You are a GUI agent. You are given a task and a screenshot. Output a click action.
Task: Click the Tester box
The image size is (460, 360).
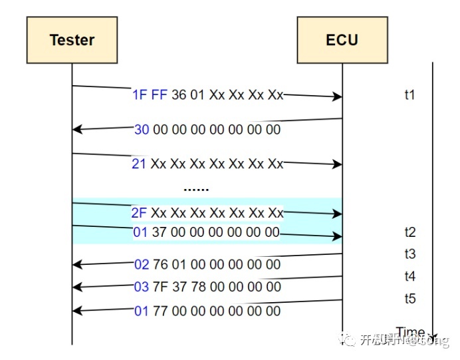point(72,40)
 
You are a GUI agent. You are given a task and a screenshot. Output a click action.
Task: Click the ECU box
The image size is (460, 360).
point(342,40)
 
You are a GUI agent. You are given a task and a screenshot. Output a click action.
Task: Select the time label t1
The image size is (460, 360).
point(410,95)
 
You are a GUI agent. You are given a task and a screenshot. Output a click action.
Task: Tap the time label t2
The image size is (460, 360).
point(410,232)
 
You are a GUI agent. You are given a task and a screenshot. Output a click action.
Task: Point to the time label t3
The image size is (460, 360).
point(410,254)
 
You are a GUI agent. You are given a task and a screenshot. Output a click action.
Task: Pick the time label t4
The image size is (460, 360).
point(410,276)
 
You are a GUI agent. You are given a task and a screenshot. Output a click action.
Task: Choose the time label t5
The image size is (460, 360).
point(410,299)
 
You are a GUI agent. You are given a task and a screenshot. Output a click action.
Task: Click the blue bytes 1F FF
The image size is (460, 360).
point(150,95)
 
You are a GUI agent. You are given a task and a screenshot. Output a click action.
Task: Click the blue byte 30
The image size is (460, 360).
point(142,130)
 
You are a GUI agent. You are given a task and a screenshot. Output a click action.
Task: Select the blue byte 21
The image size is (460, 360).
point(138,164)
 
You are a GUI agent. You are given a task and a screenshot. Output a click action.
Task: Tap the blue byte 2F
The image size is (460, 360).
point(139,213)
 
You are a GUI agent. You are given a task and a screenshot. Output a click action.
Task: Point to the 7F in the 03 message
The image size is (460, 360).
point(160,287)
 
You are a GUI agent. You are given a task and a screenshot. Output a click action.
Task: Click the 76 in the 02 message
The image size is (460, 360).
point(160,265)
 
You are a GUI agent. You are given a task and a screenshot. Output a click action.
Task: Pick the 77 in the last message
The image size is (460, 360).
point(160,311)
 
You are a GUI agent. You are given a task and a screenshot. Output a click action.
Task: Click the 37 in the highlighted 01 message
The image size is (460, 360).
point(160,232)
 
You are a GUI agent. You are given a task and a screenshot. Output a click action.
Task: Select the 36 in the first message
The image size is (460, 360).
point(179,95)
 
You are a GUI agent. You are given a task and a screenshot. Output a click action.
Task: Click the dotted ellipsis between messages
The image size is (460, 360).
point(196,189)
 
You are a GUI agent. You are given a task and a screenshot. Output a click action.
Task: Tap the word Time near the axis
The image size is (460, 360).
point(410,332)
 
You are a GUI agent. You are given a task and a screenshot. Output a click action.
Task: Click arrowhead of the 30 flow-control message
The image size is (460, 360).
point(76,129)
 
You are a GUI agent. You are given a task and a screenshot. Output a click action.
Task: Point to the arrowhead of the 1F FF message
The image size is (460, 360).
point(338,97)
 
